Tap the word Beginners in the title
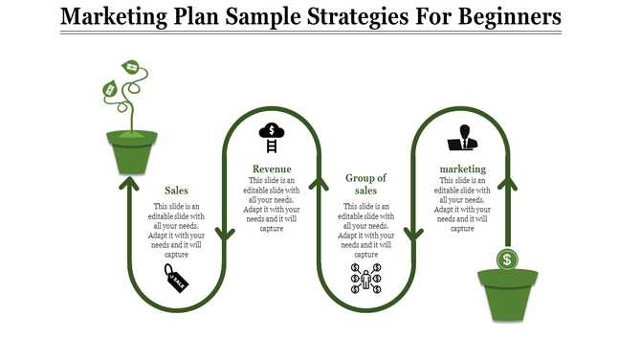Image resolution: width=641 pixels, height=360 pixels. pyautogui.click(x=502, y=17)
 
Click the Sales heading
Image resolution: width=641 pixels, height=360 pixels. pyautogui.click(x=176, y=190)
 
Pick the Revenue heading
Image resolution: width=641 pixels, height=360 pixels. pyautogui.click(x=272, y=169)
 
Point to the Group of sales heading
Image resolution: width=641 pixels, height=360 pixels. pyautogui.click(x=365, y=184)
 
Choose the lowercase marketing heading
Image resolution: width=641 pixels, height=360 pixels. pyautogui.click(x=463, y=169)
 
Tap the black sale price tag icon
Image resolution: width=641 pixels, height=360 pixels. pyautogui.click(x=176, y=280)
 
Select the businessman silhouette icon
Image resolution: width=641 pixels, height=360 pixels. pyautogui.click(x=462, y=137)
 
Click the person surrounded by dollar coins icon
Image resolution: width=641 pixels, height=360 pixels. pyautogui.click(x=365, y=280)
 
